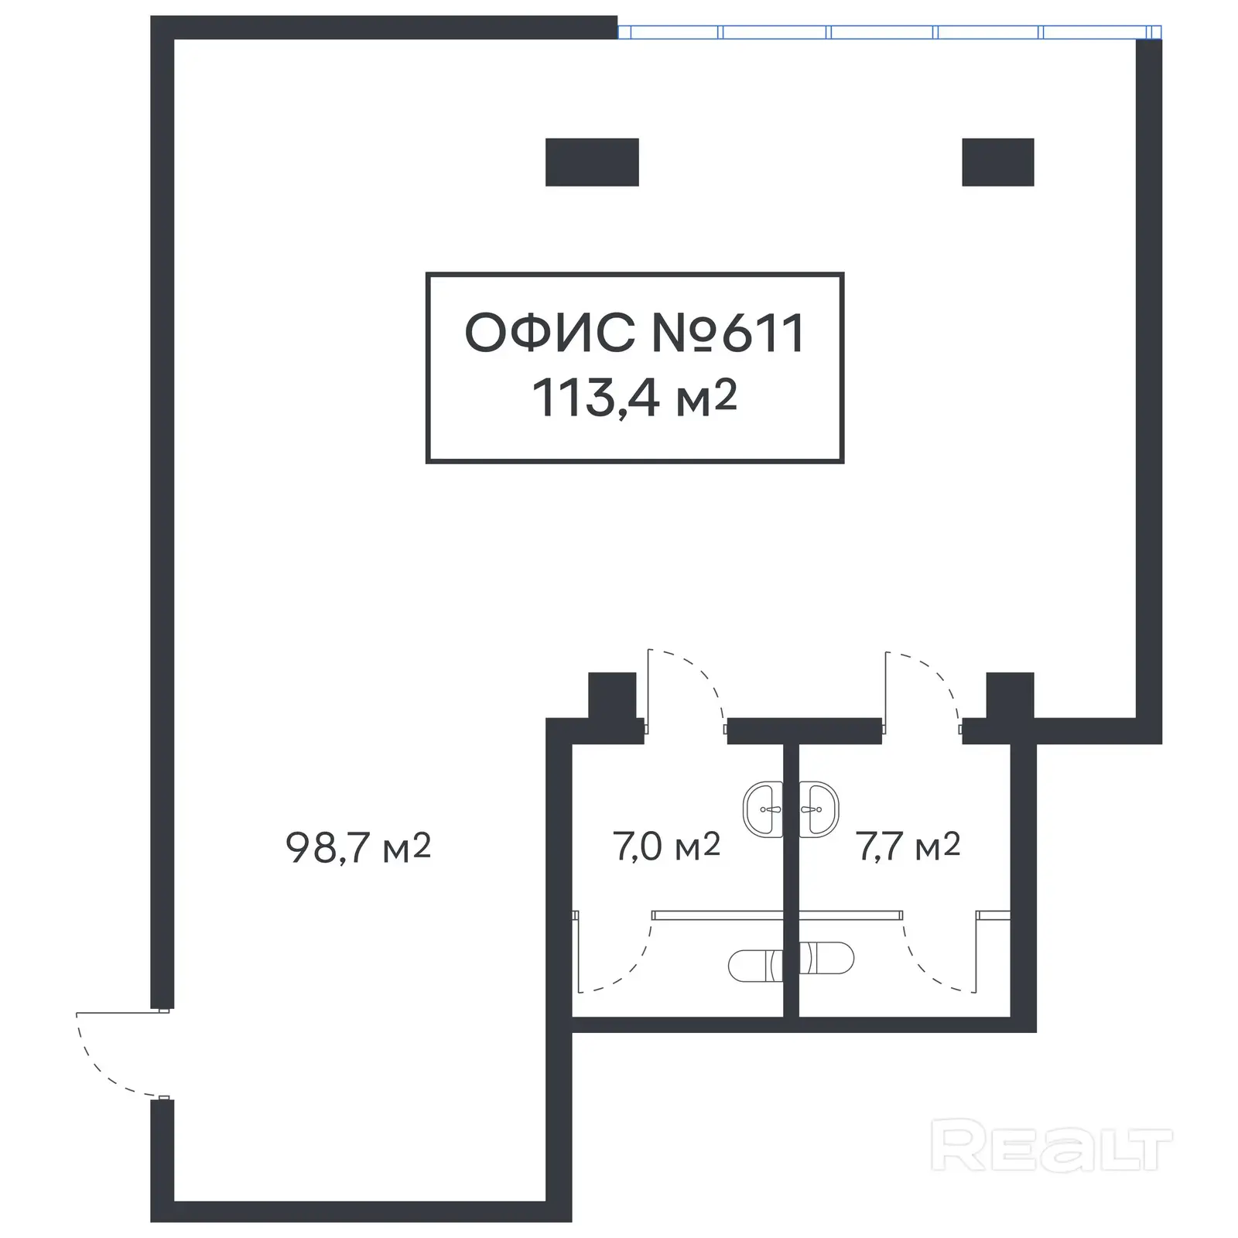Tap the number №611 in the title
[728, 333]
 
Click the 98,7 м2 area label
[357, 848]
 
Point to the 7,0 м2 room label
[666, 846]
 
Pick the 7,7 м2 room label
[908, 846]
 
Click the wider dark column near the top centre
[592, 162]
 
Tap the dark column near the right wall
[997, 162]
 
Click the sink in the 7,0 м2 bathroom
[763, 809]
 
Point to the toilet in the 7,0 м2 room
[755, 964]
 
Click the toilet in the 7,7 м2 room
[826, 959]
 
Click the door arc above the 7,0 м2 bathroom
[696, 677]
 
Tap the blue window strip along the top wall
[882, 32]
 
